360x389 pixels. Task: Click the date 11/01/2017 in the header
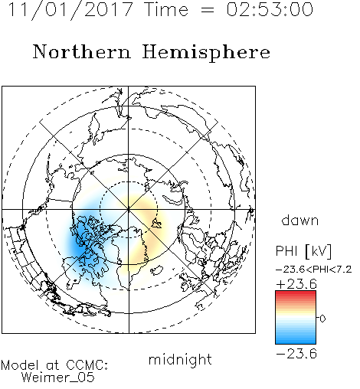[70, 10]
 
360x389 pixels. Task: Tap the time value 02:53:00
[270, 9]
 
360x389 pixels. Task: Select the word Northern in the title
[82, 51]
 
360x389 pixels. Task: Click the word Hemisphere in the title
[206, 53]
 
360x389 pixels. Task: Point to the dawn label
[300, 220]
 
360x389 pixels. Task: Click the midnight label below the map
[180, 360]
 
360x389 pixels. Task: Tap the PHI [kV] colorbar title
[303, 250]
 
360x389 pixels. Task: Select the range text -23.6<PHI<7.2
[314, 269]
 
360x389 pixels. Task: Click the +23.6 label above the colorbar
[296, 284]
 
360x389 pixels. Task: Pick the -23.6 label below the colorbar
[296, 354]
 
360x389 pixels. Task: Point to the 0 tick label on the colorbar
[322, 319]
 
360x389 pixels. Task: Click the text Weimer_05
[58, 378]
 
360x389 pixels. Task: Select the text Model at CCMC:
[54, 365]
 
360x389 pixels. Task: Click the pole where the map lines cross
[129, 210]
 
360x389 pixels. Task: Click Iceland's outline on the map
[156, 270]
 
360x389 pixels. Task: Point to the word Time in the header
[166, 9]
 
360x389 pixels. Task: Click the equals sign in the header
[207, 11]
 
